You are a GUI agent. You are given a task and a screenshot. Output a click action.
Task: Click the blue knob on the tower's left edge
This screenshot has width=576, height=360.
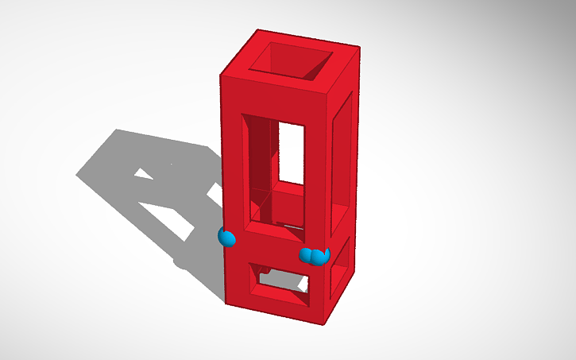coord(227,237)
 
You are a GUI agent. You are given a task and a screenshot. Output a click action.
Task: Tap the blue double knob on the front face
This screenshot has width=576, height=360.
coord(315,255)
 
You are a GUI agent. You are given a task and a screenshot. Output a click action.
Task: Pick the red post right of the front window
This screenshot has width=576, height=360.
coord(317,167)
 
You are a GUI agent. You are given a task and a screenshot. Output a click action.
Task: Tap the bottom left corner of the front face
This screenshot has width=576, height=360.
coord(224,302)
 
